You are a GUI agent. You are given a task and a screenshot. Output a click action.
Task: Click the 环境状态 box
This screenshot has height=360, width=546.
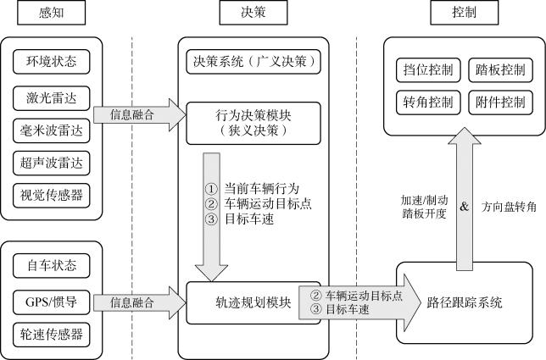pos(51,62)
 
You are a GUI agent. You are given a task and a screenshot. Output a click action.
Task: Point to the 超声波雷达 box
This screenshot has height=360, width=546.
pos(51,161)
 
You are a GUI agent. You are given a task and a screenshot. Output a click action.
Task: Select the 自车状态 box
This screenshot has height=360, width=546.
pos(51,267)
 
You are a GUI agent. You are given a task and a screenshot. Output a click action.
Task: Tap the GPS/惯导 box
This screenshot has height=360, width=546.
pos(51,301)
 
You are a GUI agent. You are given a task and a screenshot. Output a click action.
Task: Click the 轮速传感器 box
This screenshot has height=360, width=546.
pos(51,333)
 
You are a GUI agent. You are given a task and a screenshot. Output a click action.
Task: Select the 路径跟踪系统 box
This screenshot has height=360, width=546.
pos(465,302)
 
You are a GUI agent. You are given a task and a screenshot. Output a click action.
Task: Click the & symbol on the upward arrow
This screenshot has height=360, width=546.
pos(463,206)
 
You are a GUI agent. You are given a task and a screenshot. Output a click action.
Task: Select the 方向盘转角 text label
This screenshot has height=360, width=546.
pos(509,206)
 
